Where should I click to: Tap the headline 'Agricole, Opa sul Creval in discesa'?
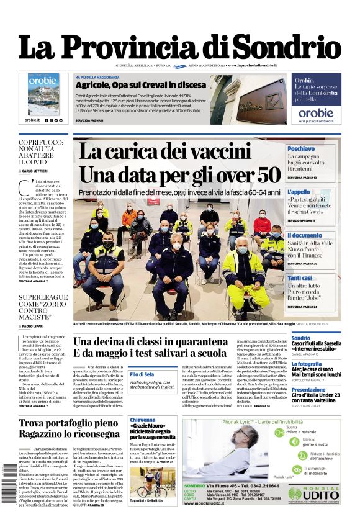click(x=140, y=84)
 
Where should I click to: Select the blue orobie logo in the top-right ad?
click(x=316, y=113)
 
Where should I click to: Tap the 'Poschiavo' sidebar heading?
click(x=300, y=149)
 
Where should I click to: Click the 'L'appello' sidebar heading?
click(x=299, y=192)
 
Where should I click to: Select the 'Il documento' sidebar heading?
click(x=304, y=236)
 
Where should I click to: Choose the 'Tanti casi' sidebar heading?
click(x=300, y=278)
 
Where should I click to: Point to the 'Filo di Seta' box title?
click(x=142, y=374)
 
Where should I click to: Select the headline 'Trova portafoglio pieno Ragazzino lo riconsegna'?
click(x=68, y=428)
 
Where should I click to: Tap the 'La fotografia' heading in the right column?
click(x=307, y=364)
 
